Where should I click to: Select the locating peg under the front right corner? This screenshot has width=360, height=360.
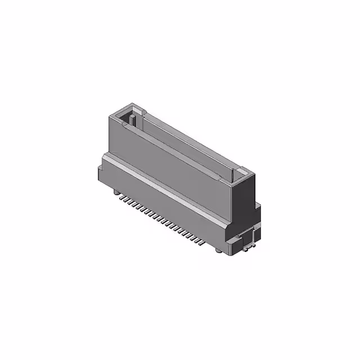218,251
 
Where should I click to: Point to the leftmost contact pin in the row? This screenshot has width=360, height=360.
123,197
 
